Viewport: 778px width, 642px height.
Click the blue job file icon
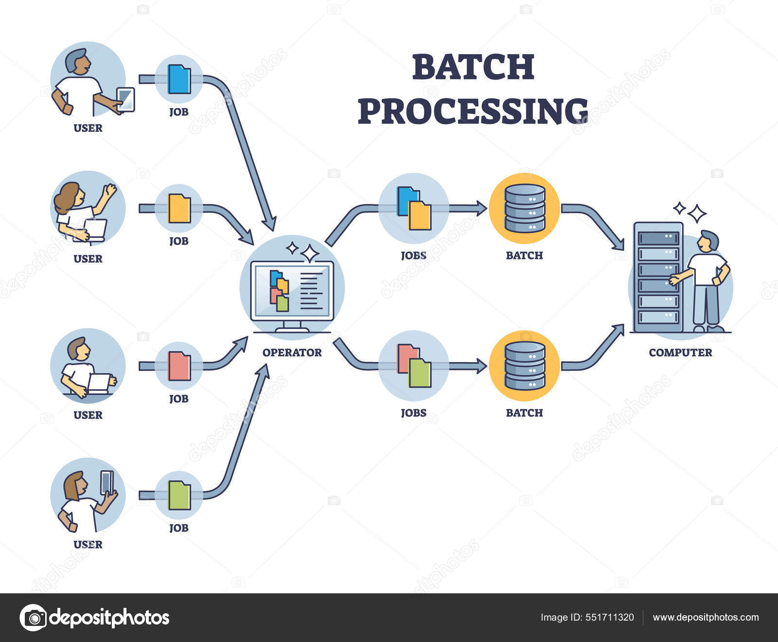179,79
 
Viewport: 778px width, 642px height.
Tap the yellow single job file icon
179,209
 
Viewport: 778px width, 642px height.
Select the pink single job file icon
179,366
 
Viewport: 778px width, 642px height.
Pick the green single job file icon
179,495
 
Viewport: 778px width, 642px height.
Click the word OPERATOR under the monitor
292,352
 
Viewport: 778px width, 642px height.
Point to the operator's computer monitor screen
292,291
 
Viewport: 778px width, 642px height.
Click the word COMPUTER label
680,352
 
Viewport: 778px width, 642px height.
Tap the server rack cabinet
658,277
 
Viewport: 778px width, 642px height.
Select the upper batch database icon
525,208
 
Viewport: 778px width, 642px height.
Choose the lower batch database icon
525,366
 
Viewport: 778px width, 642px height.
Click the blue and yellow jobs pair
414,208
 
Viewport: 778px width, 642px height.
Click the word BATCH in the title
473,67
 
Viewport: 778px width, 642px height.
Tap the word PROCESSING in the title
473,111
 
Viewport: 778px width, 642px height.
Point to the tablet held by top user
126,99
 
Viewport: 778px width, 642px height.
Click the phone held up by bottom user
106,482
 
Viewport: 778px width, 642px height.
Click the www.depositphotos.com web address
706,617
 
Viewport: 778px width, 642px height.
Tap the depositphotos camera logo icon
33,618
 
